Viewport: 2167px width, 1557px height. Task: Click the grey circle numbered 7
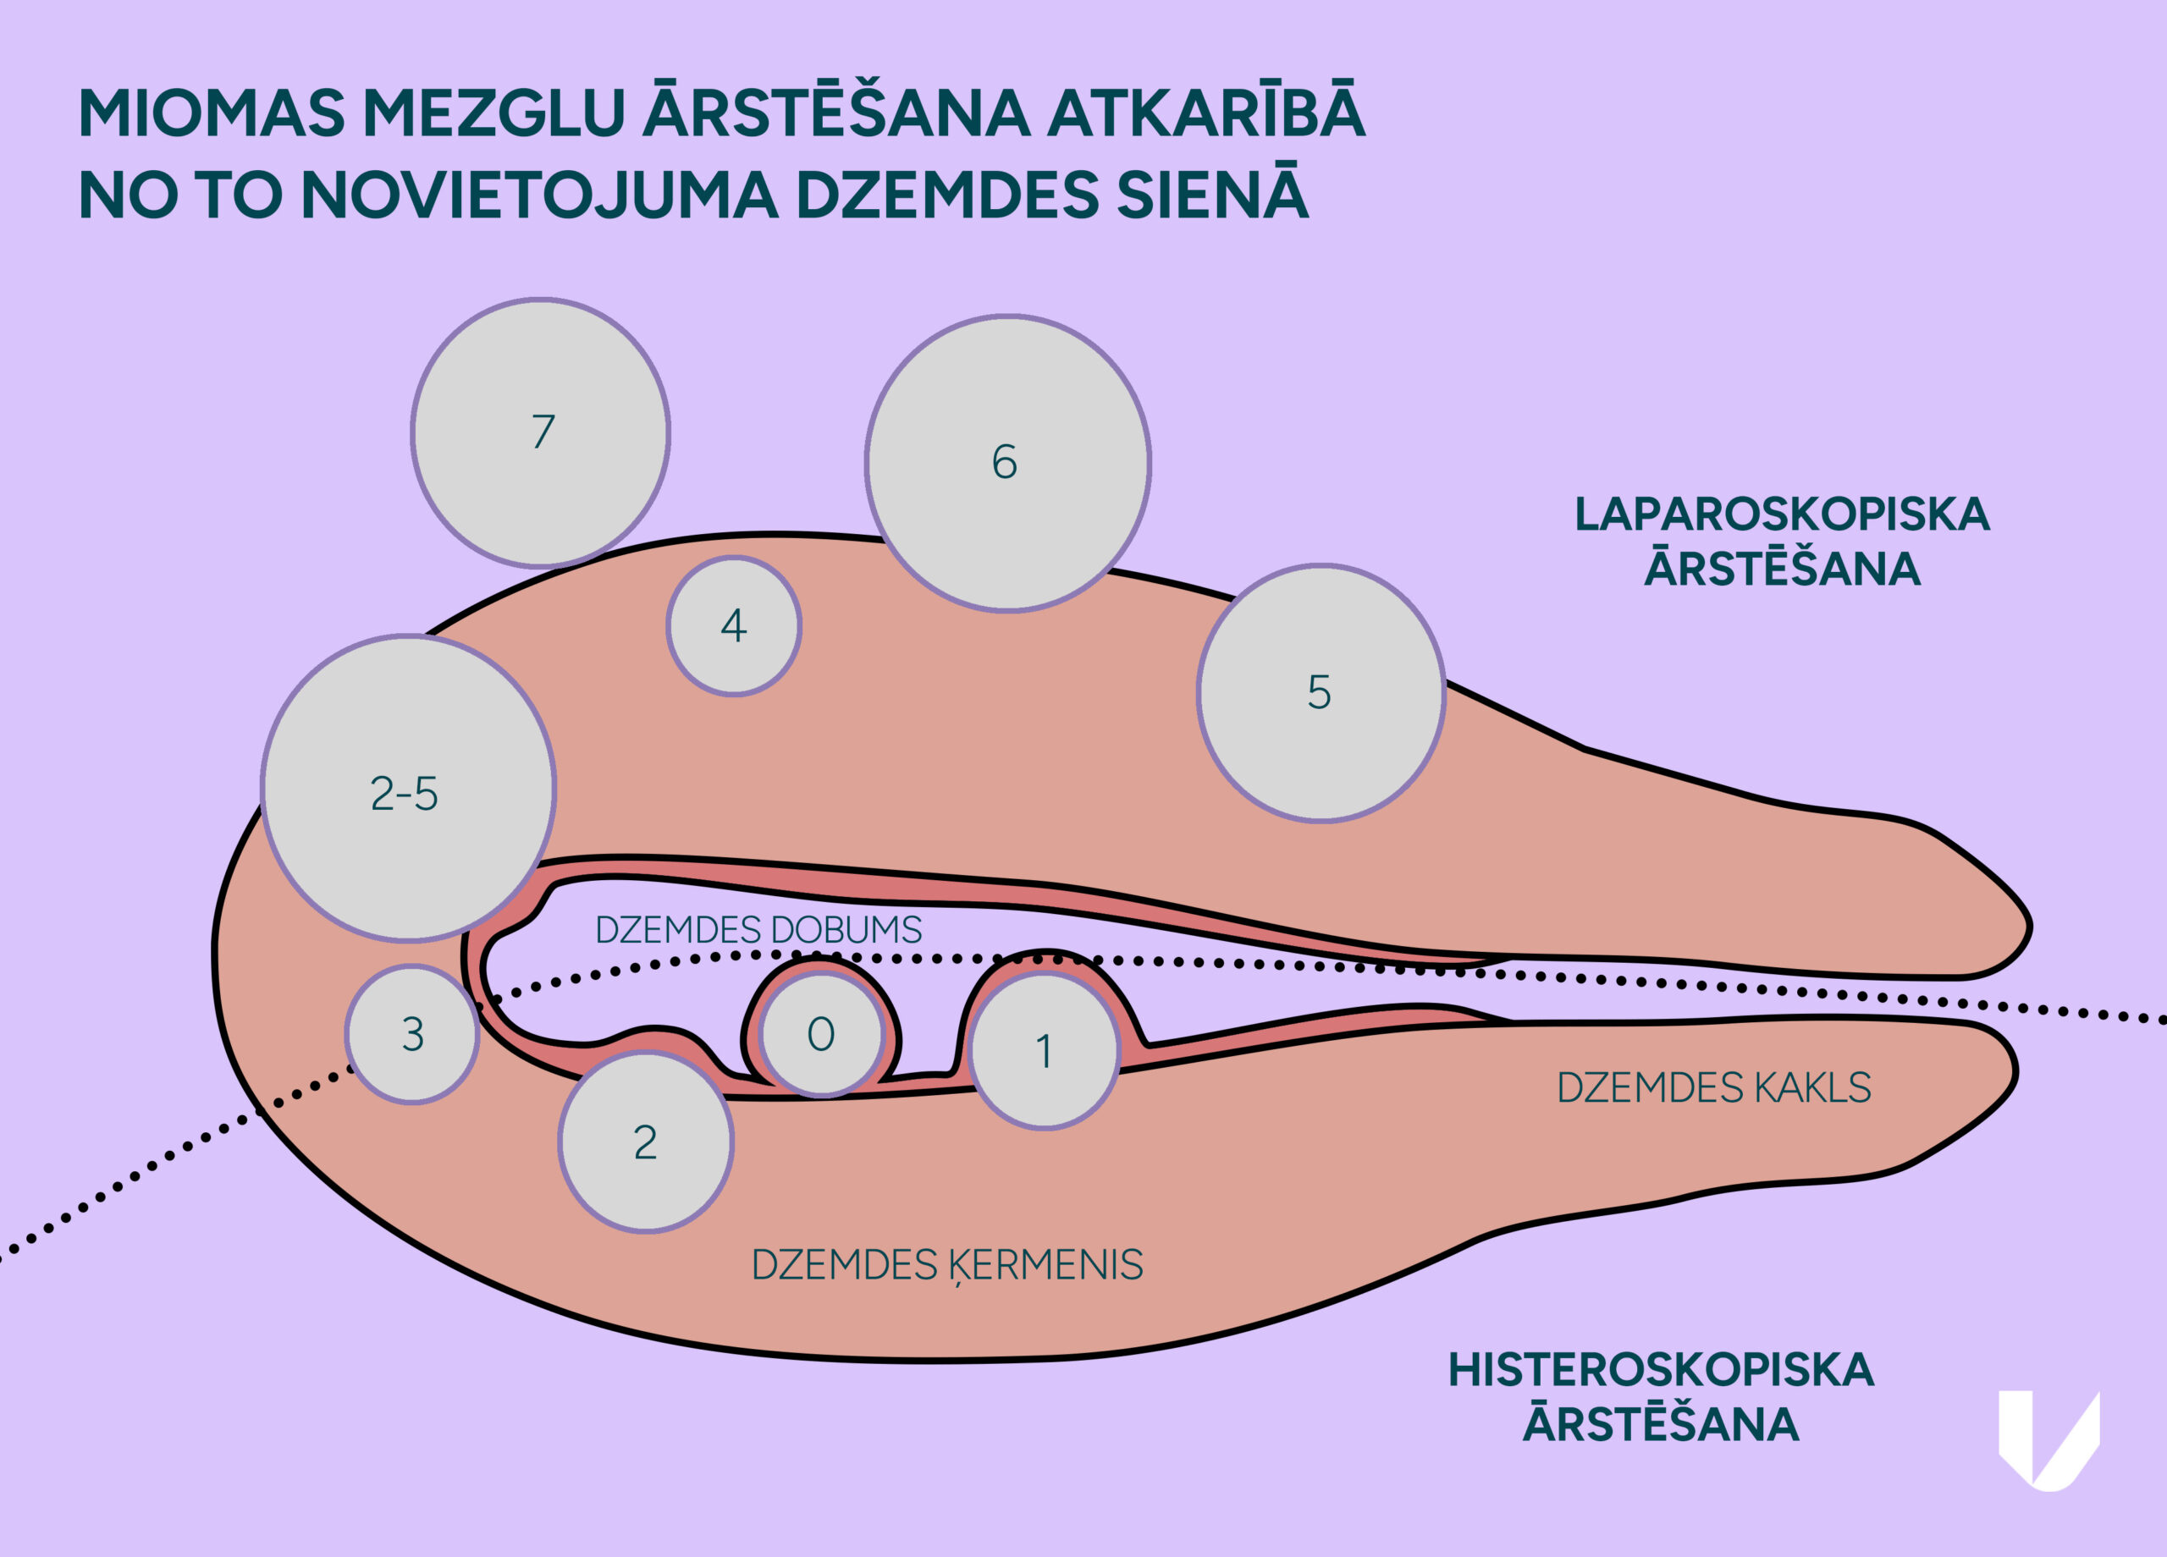(x=541, y=432)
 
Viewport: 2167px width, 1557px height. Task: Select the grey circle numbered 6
(x=1007, y=462)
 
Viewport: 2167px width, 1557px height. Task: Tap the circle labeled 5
(x=1321, y=692)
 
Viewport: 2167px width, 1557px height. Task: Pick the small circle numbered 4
(x=733, y=625)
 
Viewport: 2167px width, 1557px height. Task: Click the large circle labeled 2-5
(x=408, y=788)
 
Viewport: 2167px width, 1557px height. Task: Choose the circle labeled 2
(x=646, y=1142)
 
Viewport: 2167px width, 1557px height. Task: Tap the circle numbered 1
(x=1045, y=1051)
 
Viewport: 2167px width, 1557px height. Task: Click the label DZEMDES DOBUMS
(x=758, y=930)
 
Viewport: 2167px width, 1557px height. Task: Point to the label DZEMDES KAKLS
(x=1714, y=1088)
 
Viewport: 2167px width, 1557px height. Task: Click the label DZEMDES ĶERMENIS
(x=947, y=1266)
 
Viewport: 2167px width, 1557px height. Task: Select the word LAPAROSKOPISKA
(x=1782, y=514)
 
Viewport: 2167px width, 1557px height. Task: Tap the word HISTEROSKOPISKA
(x=1661, y=1370)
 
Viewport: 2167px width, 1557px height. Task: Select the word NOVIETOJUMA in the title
(x=540, y=195)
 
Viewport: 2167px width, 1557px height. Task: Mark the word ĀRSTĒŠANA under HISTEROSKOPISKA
(x=1661, y=1424)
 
